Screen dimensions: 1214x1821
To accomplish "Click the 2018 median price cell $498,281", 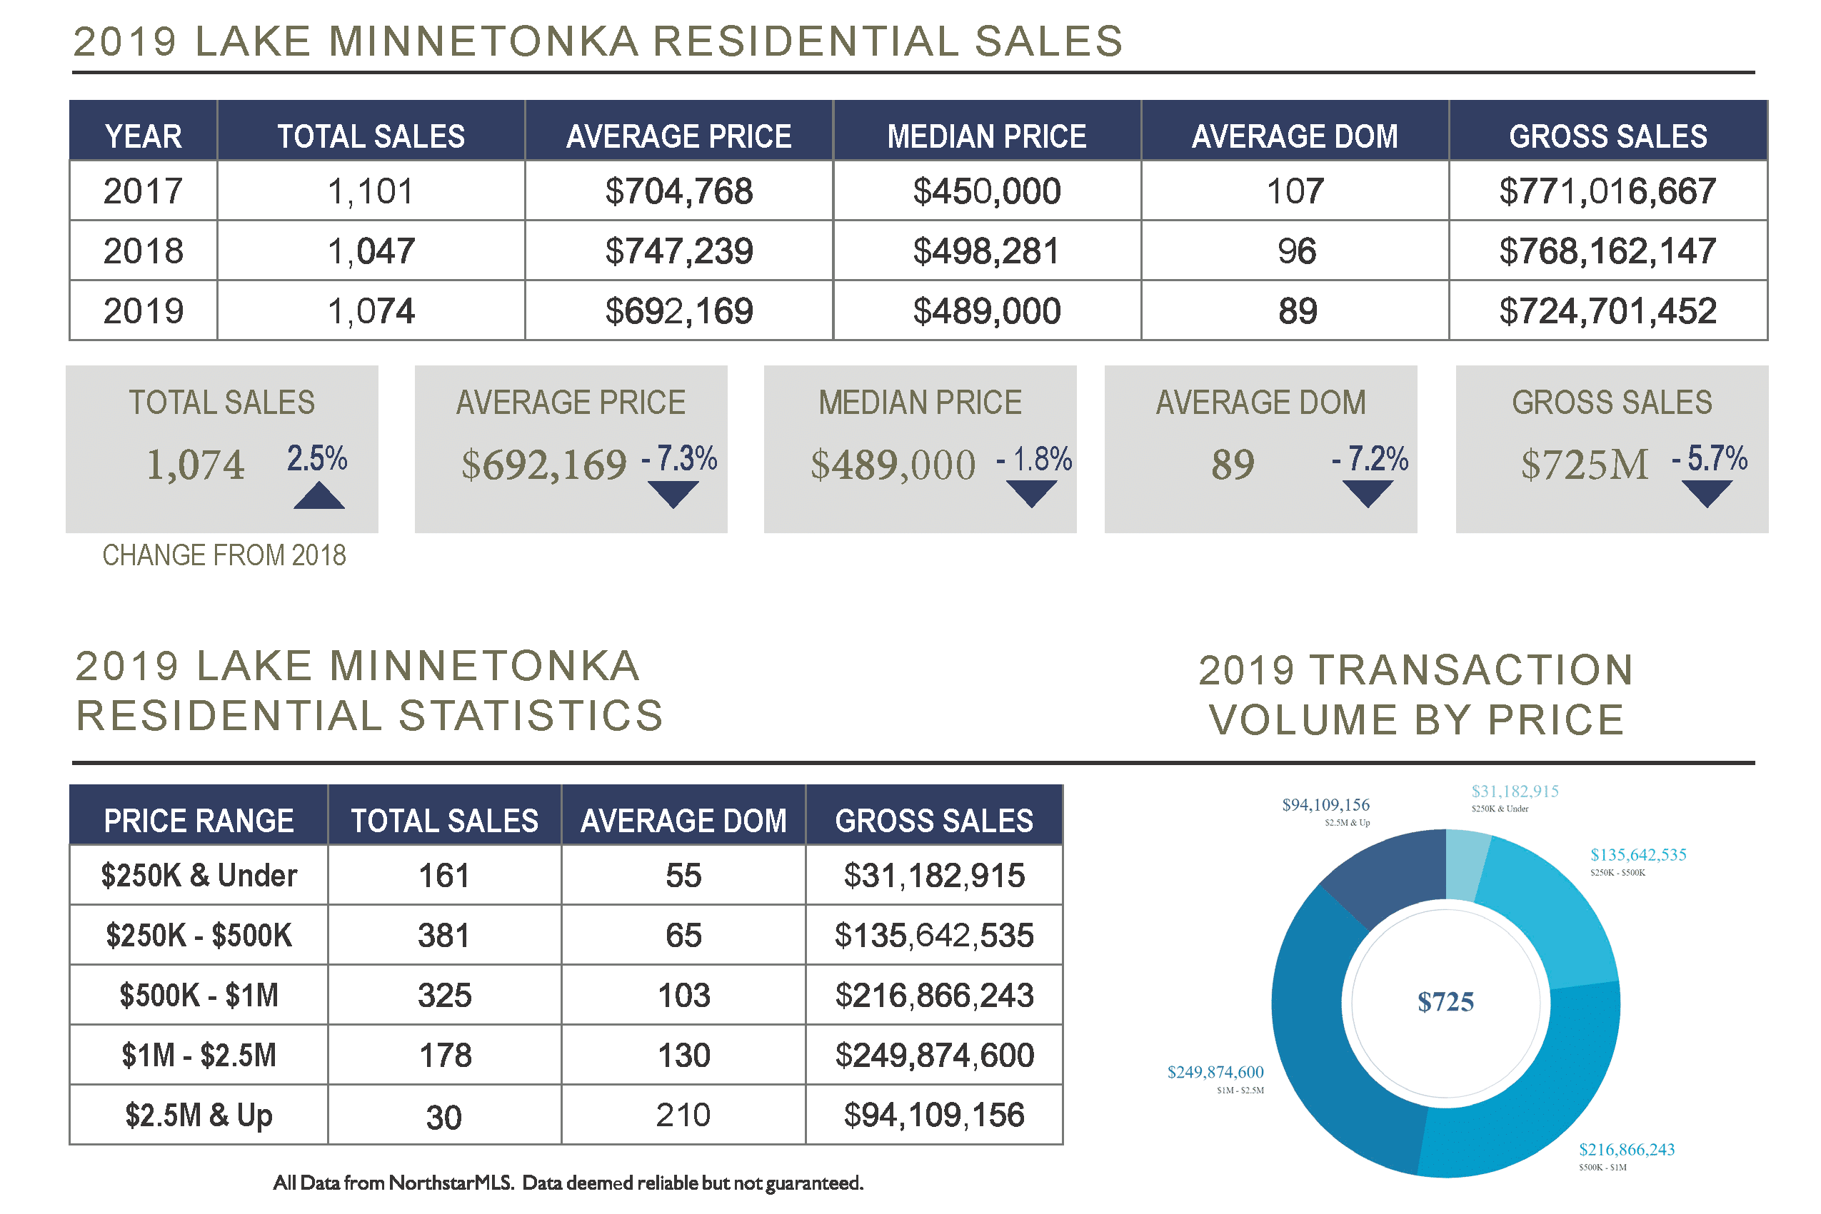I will (x=985, y=251).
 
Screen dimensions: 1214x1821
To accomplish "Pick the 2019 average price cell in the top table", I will (x=678, y=311).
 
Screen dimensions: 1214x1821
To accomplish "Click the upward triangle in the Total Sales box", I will (x=319, y=496).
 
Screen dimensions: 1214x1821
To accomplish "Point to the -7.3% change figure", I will (x=679, y=458).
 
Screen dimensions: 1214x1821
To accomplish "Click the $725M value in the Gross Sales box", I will (x=1584, y=465).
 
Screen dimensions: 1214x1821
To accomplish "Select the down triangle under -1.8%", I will (x=1031, y=493).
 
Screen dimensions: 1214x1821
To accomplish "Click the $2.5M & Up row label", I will (x=199, y=1116).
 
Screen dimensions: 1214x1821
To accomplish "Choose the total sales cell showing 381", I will (x=444, y=935).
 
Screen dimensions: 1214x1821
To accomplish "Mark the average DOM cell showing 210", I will (x=683, y=1116).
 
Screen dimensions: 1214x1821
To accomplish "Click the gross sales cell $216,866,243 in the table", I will (x=933, y=996).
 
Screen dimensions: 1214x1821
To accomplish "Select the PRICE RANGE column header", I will (x=199, y=821).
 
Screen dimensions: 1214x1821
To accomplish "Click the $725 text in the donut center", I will (x=1445, y=1002).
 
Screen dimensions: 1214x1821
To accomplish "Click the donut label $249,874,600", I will (x=1215, y=1072).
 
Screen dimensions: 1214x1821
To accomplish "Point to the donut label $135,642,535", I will (x=1637, y=855).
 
